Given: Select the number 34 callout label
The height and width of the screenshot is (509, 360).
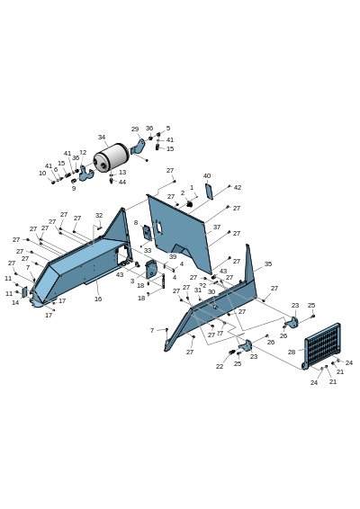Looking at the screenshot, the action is [x=102, y=138].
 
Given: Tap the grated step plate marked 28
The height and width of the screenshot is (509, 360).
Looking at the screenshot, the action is [x=322, y=345].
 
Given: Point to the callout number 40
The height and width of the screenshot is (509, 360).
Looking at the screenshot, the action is [x=207, y=176].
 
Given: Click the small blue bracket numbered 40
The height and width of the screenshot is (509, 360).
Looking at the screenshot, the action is [x=209, y=192].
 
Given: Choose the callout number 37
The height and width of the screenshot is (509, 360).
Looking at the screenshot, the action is [x=217, y=228].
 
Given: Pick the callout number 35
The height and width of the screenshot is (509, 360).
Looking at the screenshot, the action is [x=268, y=264].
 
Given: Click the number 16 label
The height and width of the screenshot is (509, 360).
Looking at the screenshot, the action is [x=98, y=299].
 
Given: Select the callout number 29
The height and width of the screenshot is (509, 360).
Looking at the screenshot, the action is [x=135, y=129].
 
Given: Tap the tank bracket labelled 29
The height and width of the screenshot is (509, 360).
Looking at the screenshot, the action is [x=139, y=147].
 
